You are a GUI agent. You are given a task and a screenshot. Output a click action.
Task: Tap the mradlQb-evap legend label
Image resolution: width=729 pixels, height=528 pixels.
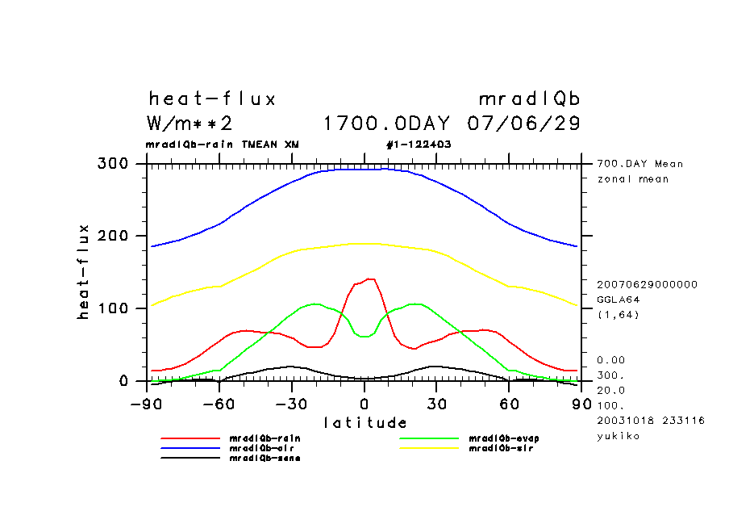(x=493, y=438)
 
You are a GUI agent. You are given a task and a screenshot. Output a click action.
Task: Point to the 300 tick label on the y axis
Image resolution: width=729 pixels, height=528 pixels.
(x=113, y=164)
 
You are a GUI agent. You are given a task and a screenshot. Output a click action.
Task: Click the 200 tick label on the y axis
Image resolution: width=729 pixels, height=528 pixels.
(x=113, y=236)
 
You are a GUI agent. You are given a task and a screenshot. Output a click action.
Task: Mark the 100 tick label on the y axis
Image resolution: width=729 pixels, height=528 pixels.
(x=113, y=308)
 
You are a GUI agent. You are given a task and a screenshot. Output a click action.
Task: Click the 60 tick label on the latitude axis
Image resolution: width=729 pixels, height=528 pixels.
(x=508, y=402)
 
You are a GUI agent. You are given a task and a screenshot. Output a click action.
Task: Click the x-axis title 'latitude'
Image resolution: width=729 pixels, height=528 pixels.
(x=365, y=422)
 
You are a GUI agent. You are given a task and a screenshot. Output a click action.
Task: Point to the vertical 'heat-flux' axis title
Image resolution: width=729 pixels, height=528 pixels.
(x=83, y=272)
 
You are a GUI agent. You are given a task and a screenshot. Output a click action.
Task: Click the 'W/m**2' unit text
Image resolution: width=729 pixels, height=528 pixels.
(x=190, y=124)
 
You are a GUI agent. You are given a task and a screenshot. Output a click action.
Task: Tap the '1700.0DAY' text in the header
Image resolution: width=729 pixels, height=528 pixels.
(x=386, y=124)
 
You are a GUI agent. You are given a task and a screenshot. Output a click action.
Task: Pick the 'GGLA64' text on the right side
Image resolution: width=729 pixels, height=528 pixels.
(x=617, y=299)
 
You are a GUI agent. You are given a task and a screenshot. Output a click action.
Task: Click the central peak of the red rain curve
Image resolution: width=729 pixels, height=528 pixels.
(x=369, y=279)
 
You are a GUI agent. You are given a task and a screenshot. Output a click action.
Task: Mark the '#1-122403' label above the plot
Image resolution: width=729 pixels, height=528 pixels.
(x=419, y=145)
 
